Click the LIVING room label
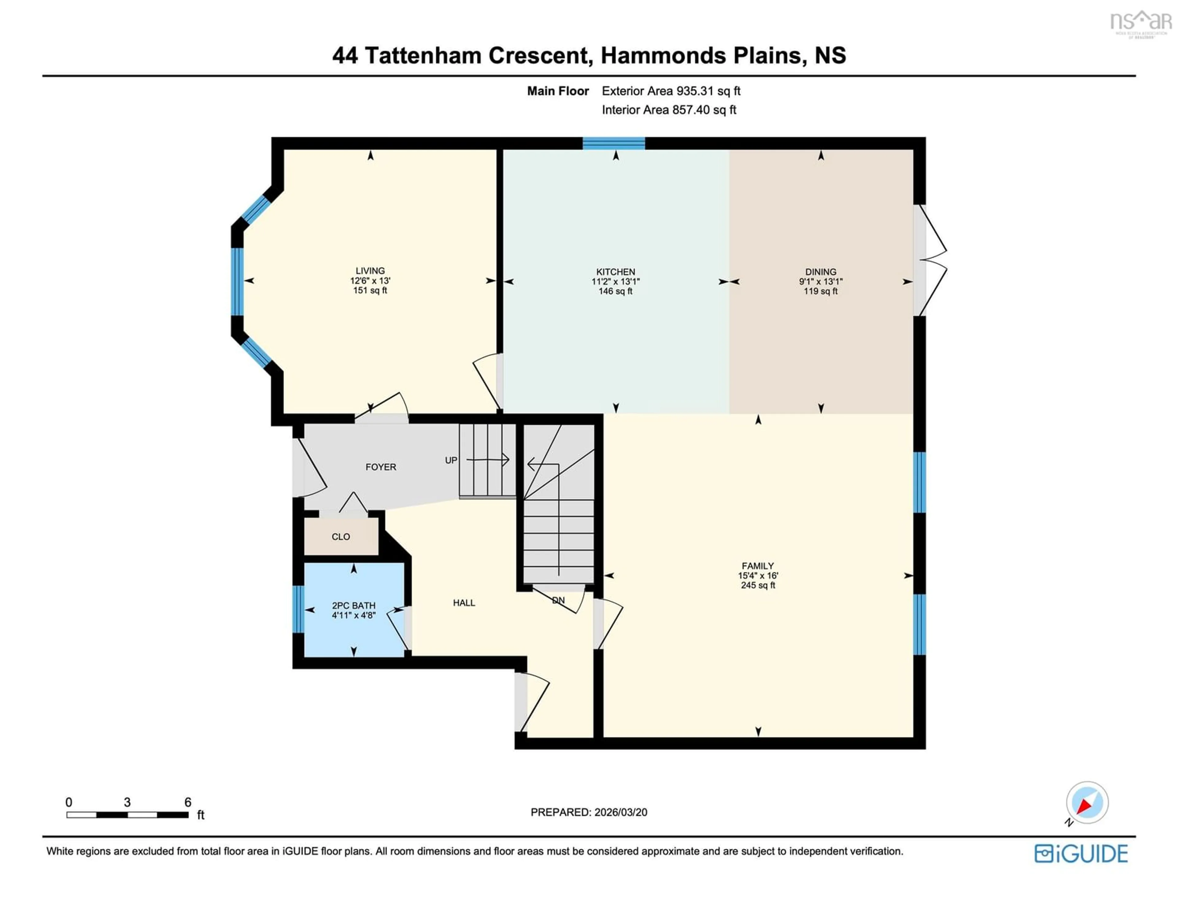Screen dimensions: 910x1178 (x=370, y=271)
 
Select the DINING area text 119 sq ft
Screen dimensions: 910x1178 (x=820, y=291)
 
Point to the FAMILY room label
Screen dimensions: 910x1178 (x=757, y=566)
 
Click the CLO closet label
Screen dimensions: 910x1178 (x=340, y=537)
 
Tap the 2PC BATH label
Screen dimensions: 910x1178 (x=353, y=606)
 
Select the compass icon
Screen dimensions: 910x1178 (x=1087, y=803)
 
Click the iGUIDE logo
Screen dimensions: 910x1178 (x=1081, y=853)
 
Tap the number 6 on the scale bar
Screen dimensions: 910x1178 (x=188, y=802)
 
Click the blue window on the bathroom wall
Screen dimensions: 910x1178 (x=298, y=609)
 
